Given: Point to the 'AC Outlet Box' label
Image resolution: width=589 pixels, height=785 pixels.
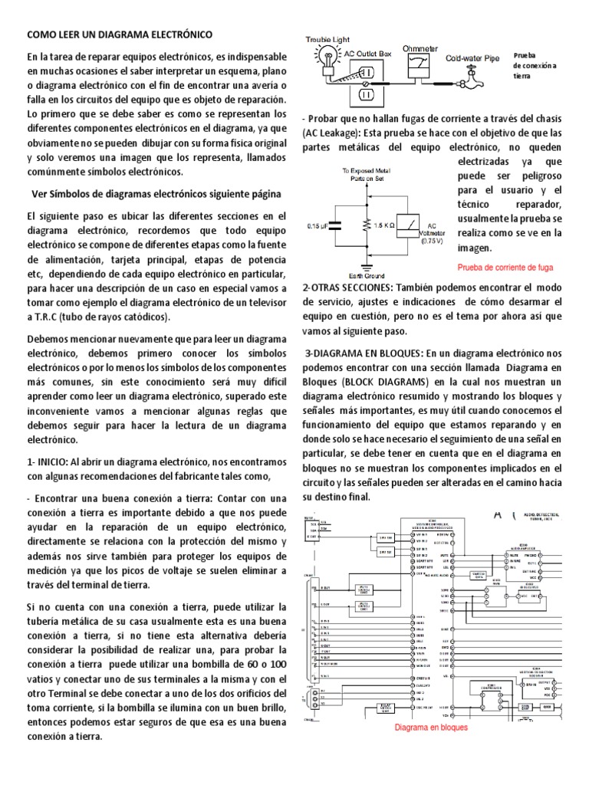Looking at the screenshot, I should tap(368, 53).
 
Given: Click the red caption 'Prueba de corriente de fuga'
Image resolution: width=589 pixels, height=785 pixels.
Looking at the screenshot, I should tap(505, 268).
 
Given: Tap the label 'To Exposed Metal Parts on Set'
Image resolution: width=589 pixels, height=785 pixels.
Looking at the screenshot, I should tap(367, 176).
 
